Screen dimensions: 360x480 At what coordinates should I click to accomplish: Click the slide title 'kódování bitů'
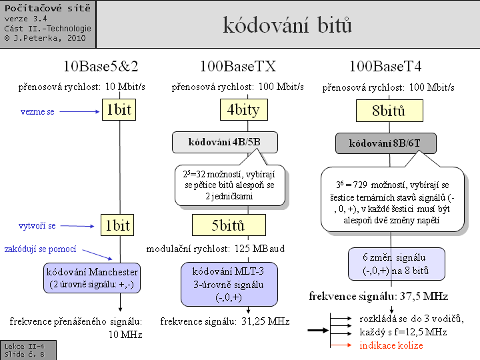coord(287,25)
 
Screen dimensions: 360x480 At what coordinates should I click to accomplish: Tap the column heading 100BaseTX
coord(238,67)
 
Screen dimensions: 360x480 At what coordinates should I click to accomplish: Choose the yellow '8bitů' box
coord(390,110)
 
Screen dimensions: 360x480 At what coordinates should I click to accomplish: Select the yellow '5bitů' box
coord(229,225)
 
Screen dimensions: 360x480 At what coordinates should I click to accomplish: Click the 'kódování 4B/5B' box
coord(225,142)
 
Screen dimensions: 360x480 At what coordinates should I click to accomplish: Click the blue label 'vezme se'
coord(37,111)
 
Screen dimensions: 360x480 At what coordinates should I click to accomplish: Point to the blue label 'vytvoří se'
coord(38,226)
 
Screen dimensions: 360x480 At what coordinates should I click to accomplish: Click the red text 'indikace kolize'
coord(391,345)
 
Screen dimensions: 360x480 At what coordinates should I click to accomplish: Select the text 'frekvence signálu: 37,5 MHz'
coord(377,296)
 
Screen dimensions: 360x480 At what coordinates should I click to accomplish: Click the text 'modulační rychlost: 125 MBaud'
coord(216,249)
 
